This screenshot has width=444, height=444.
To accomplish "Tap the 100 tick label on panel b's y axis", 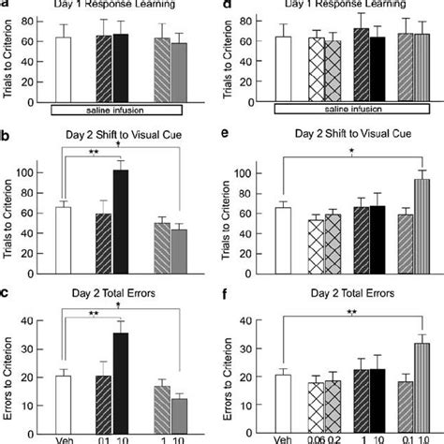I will (39, 173).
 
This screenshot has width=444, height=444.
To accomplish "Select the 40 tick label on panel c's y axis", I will (40, 322).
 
